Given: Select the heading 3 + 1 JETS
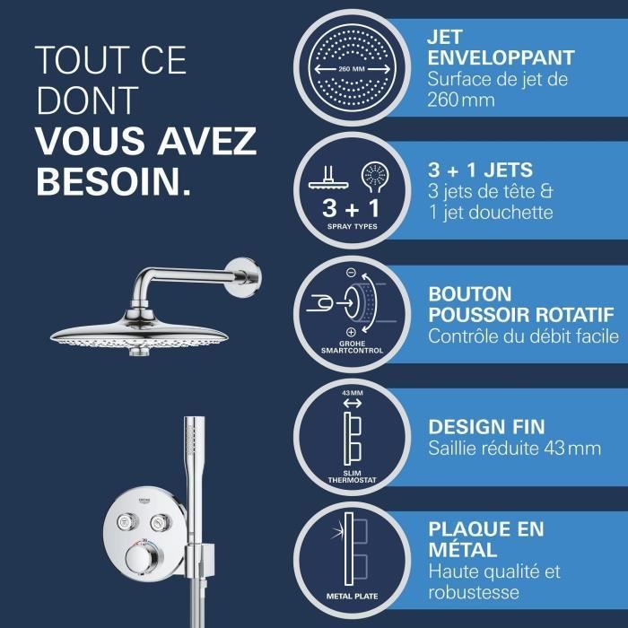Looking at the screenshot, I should (x=481, y=170).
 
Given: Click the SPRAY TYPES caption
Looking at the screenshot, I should (x=350, y=227).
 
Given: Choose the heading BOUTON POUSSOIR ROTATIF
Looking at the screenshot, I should (x=520, y=304).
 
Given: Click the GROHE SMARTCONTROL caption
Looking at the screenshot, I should (x=350, y=346).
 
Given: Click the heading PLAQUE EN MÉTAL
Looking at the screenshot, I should (x=486, y=538).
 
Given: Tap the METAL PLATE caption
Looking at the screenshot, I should (x=351, y=595).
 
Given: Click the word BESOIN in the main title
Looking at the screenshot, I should (x=112, y=180).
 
